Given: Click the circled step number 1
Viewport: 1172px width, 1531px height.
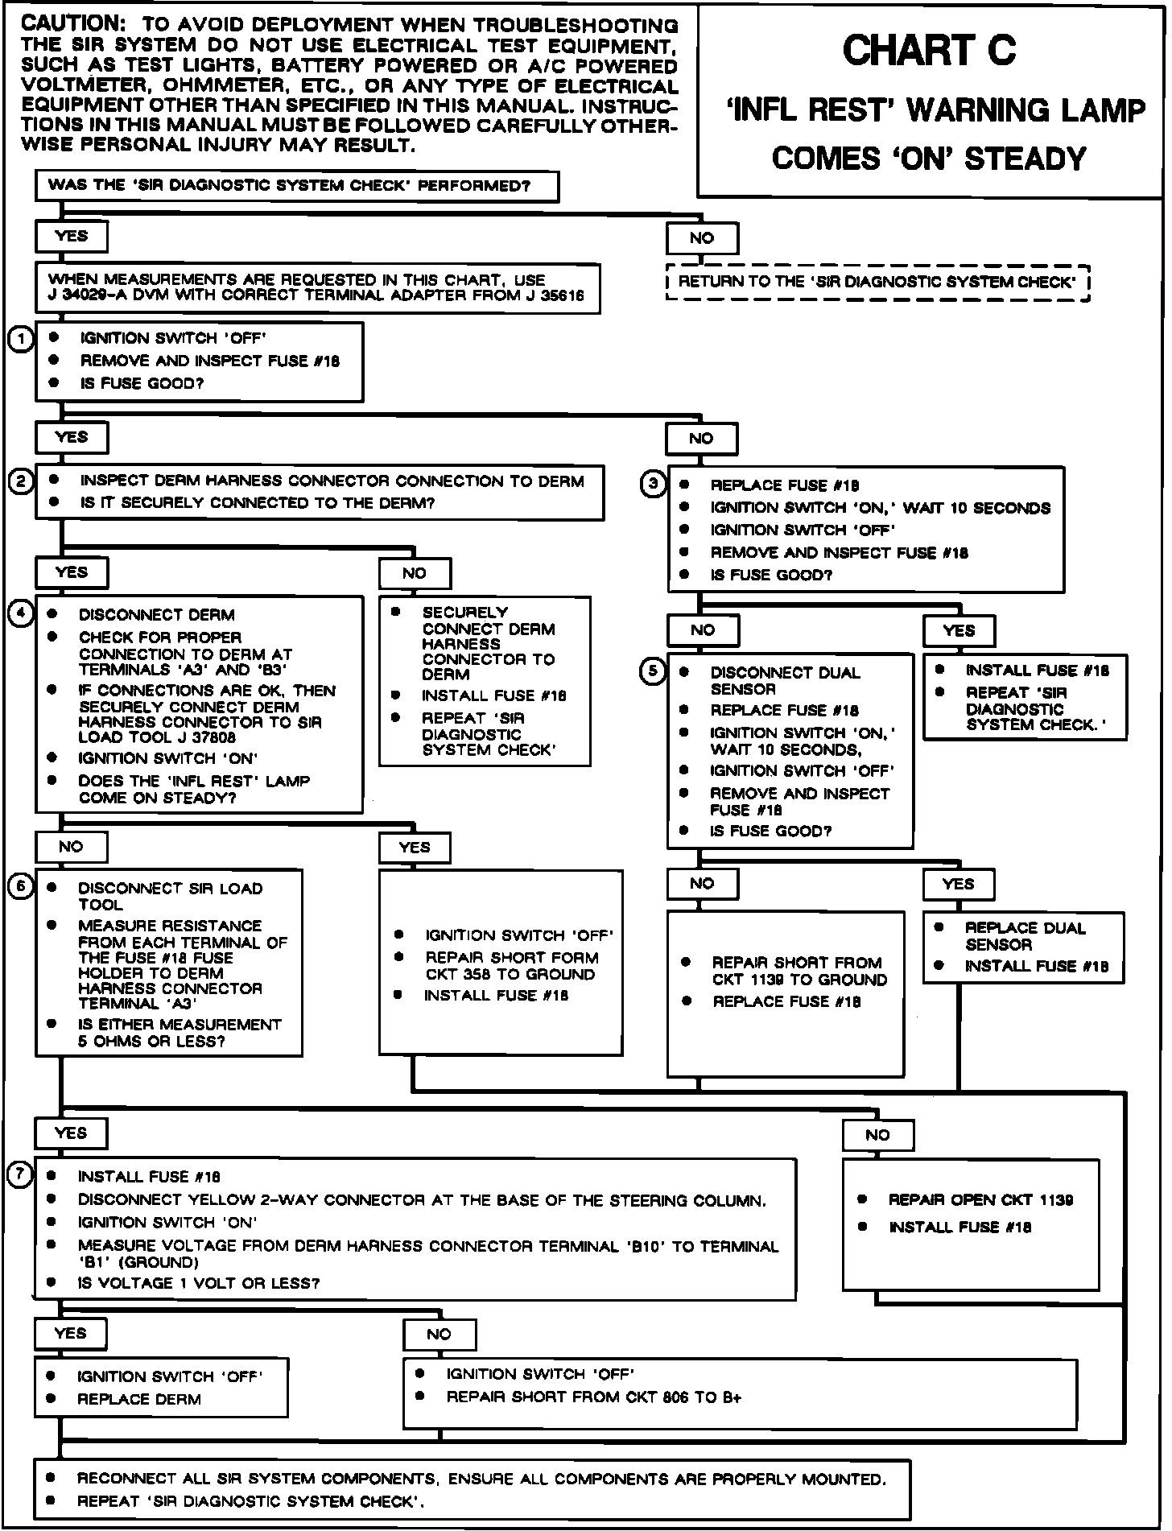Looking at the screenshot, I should [x=21, y=339].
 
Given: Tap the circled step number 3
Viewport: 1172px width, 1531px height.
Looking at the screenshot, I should [x=654, y=484].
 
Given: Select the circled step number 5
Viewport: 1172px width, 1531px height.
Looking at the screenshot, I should [x=653, y=671].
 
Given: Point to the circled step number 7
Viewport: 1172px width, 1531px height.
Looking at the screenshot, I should [x=19, y=1175].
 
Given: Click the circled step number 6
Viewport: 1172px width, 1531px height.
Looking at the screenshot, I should [x=20, y=886].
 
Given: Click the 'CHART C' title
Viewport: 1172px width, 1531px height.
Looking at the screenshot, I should [x=929, y=52].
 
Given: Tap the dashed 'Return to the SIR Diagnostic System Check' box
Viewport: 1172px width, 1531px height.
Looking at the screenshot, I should [x=877, y=282].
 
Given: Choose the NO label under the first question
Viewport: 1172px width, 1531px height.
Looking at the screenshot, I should [x=702, y=238].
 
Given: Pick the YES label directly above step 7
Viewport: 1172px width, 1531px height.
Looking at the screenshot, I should [x=71, y=1133].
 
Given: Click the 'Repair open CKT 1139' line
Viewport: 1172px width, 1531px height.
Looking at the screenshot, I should [x=980, y=1200].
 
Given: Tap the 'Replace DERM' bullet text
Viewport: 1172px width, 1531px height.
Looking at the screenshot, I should [x=138, y=1400].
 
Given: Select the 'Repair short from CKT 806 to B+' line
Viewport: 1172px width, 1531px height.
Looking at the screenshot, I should [x=593, y=1397].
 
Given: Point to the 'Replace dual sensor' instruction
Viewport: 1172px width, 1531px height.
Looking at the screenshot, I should [x=1025, y=936].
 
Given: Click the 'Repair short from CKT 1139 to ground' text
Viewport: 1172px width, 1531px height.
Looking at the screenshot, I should [x=799, y=971].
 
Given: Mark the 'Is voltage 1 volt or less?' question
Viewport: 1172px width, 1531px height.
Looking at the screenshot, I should [x=198, y=1283].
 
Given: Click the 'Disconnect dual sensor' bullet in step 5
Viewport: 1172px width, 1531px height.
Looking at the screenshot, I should [x=785, y=680].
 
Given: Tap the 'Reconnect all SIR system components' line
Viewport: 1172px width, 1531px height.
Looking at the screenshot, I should [x=481, y=1479].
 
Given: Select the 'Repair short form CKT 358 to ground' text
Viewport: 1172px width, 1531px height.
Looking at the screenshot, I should [x=511, y=966].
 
